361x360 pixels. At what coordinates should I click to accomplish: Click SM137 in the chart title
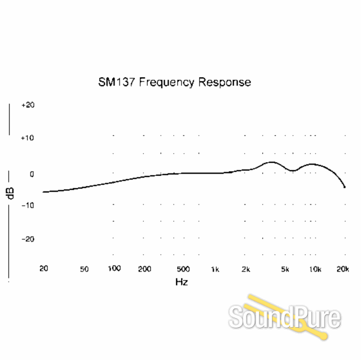117,82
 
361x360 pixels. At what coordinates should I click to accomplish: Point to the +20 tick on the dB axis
28,105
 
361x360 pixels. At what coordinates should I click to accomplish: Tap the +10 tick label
28,137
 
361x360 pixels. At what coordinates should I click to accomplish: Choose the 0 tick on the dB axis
32,174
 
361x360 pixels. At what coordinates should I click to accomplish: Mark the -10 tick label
28,205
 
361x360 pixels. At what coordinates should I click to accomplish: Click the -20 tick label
28,239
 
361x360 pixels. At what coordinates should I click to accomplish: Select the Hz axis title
182,281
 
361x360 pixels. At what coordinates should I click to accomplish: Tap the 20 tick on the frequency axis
43,268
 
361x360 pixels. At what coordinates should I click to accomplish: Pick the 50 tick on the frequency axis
85,269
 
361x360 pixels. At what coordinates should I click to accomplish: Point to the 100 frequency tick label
115,268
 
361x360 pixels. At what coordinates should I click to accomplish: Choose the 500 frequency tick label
183,269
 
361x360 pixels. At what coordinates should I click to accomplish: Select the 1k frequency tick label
215,269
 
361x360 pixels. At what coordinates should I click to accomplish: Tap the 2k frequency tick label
245,269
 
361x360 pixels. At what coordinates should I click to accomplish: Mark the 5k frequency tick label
285,269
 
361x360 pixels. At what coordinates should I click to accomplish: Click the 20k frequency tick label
343,269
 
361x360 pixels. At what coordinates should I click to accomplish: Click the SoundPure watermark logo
285,317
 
